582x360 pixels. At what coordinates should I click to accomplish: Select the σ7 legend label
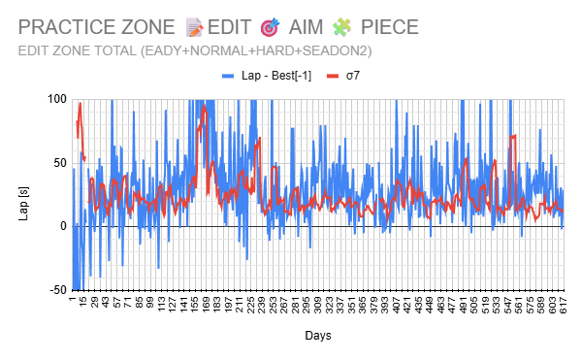coord(354,75)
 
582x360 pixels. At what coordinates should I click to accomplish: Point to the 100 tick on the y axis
coord(55,99)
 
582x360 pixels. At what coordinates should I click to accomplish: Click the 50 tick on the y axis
coord(58,162)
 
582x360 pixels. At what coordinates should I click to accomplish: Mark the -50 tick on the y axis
coord(56,290)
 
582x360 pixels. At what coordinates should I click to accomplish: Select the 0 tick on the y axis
coord(62,226)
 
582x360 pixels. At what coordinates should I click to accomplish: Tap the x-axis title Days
coord(316,336)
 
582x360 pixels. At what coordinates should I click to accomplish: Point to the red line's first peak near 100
coord(81,104)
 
